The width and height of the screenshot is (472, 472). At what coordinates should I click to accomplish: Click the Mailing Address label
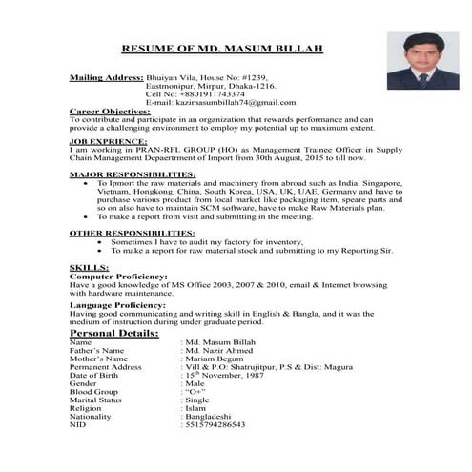click(106, 75)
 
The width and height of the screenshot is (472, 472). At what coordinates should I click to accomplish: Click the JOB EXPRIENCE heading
click(109, 140)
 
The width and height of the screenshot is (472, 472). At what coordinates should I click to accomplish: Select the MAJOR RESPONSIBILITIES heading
click(133, 175)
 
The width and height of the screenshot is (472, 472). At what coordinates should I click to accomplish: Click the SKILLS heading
click(90, 268)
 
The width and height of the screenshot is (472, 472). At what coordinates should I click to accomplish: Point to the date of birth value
click(230, 376)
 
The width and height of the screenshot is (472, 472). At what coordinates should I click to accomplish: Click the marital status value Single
click(201, 401)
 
